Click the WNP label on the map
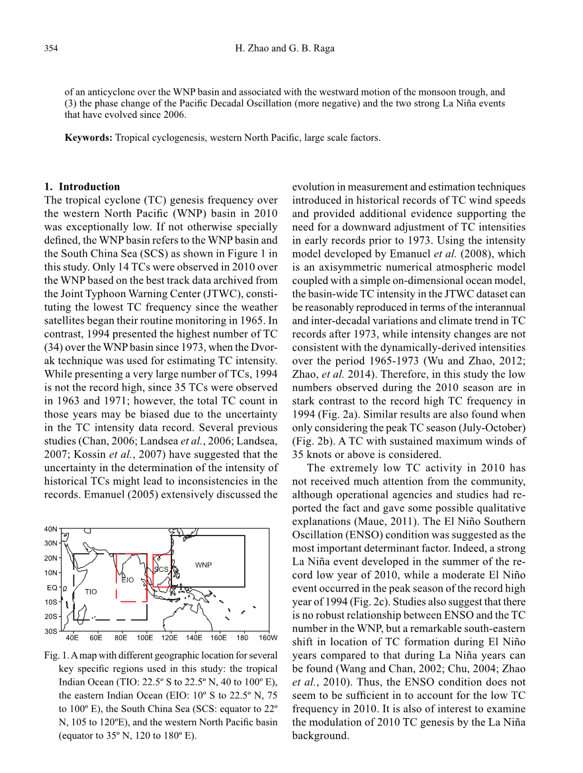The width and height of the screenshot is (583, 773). (x=203, y=565)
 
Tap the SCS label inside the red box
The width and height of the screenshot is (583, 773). (x=161, y=569)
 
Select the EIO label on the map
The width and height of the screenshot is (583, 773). (x=128, y=580)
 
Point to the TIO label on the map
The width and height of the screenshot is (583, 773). (x=91, y=591)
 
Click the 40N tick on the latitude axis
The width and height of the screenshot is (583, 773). (x=51, y=529)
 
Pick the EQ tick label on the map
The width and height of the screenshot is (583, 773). (x=52, y=587)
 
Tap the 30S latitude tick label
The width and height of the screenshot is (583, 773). (x=51, y=631)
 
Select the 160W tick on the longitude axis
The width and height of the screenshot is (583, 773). (x=268, y=638)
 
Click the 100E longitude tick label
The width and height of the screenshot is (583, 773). (x=145, y=638)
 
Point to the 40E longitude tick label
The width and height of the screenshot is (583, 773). (x=72, y=638)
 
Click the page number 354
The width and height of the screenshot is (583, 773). (x=51, y=48)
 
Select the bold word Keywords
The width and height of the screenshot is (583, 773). (x=88, y=138)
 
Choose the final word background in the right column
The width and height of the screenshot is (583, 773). (x=320, y=736)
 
